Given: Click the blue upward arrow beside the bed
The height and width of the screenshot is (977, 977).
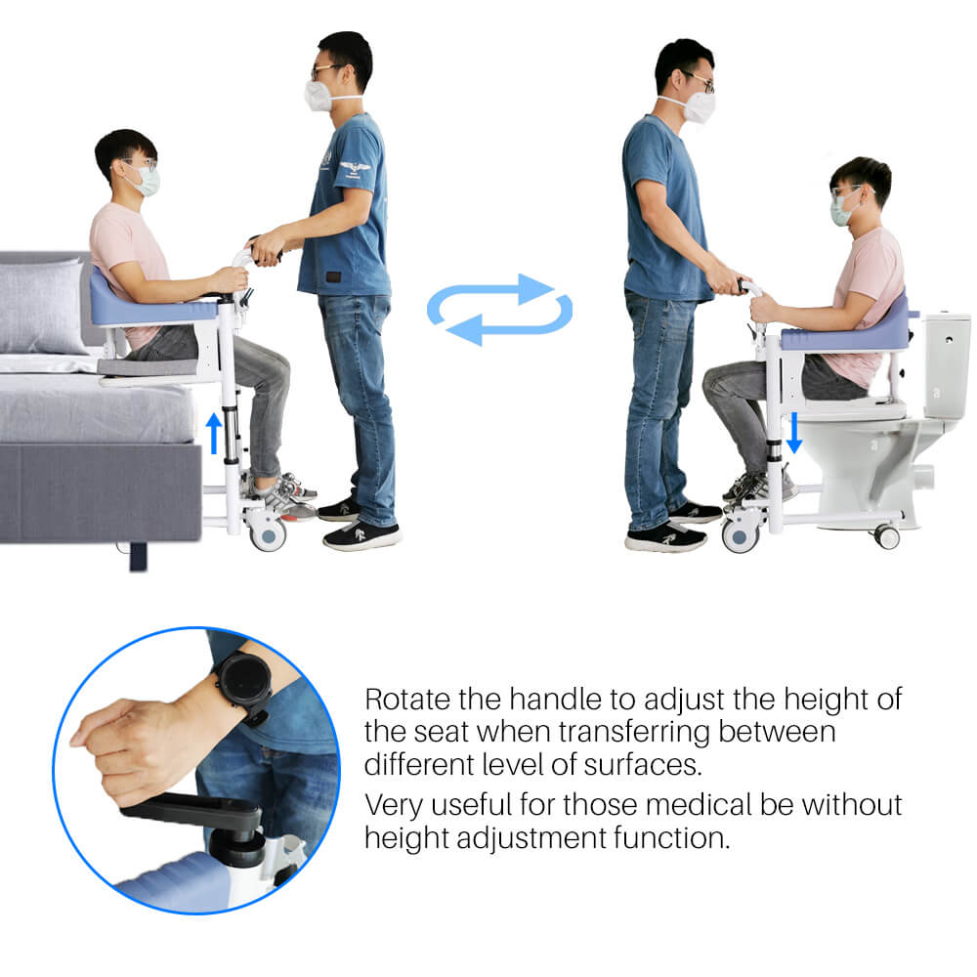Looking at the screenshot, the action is (x=214, y=434).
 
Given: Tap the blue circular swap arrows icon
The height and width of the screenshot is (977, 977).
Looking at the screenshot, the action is (x=499, y=310).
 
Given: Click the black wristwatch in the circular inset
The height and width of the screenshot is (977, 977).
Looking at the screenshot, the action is (x=244, y=686).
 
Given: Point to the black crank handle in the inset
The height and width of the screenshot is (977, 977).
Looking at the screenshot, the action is (x=193, y=811).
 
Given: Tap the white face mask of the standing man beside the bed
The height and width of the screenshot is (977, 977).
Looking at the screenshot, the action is (x=319, y=96).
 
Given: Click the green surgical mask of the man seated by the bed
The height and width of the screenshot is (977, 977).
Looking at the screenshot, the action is (x=148, y=182).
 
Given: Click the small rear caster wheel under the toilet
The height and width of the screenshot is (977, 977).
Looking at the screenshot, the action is (x=887, y=535).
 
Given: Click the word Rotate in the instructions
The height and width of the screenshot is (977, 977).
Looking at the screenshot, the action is (x=407, y=700).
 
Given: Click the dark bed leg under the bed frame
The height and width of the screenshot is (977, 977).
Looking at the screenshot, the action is (x=138, y=557).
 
